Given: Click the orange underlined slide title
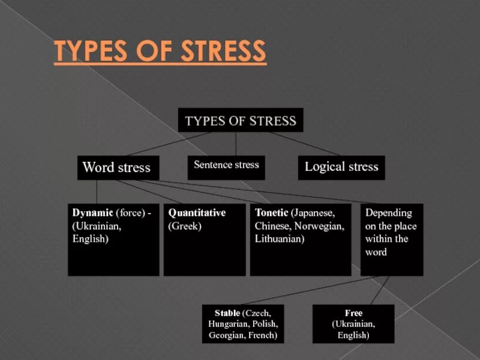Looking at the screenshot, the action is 160,52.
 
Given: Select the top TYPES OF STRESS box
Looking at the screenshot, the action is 241,121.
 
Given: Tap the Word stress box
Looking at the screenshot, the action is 117,167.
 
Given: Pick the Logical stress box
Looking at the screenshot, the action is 341,167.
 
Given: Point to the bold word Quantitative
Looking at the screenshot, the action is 197,213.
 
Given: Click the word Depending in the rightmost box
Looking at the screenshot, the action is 389,213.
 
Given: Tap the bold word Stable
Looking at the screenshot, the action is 227,313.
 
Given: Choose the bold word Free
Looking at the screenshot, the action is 353,313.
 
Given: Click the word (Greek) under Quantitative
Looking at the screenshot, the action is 185,226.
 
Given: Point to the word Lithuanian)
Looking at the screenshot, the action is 280,239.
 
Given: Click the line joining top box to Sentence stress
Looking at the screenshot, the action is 236,144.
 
